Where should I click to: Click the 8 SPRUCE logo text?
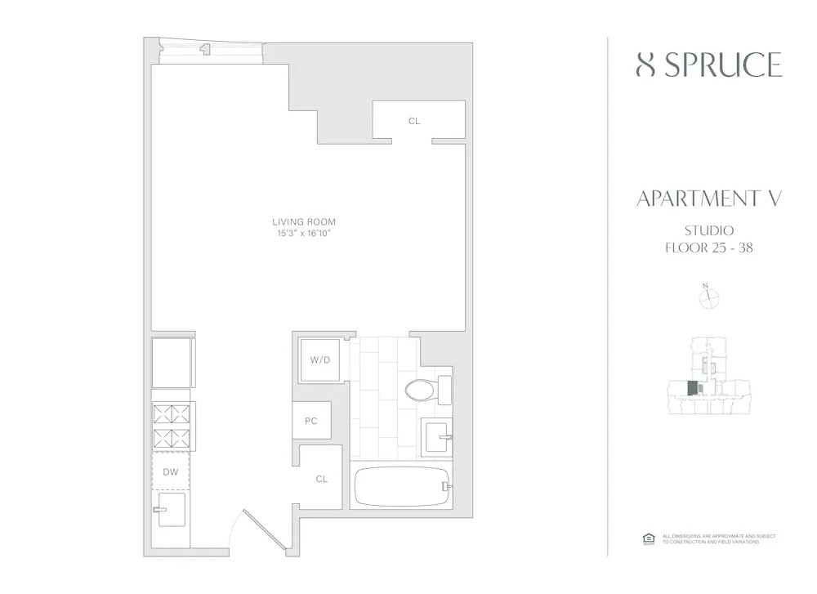pos(708,65)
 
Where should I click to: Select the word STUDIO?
pos(708,230)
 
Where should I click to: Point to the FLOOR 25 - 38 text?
pos(708,248)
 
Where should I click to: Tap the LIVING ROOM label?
pos(304,221)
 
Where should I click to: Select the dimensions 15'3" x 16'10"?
pos(304,234)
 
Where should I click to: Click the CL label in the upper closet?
pos(414,121)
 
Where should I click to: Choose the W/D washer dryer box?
pos(318,360)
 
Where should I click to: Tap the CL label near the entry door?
pos(321,479)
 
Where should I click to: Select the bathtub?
pos(402,487)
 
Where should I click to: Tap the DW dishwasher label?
pos(170,471)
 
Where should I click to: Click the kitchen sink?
pos(170,511)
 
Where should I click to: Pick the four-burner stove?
pos(170,425)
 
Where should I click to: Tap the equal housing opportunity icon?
pos(649,538)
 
